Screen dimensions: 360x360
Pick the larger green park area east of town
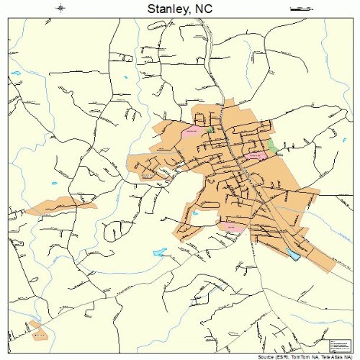(273, 145)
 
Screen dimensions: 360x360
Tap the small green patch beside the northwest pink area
(210, 130)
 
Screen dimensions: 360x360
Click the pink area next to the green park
(256, 155)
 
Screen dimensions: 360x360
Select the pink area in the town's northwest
(192, 132)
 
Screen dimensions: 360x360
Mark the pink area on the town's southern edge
(231, 226)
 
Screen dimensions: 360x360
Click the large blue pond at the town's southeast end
(293, 254)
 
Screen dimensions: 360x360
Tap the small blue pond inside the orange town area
(194, 213)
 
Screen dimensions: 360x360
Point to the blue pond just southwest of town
(160, 253)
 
